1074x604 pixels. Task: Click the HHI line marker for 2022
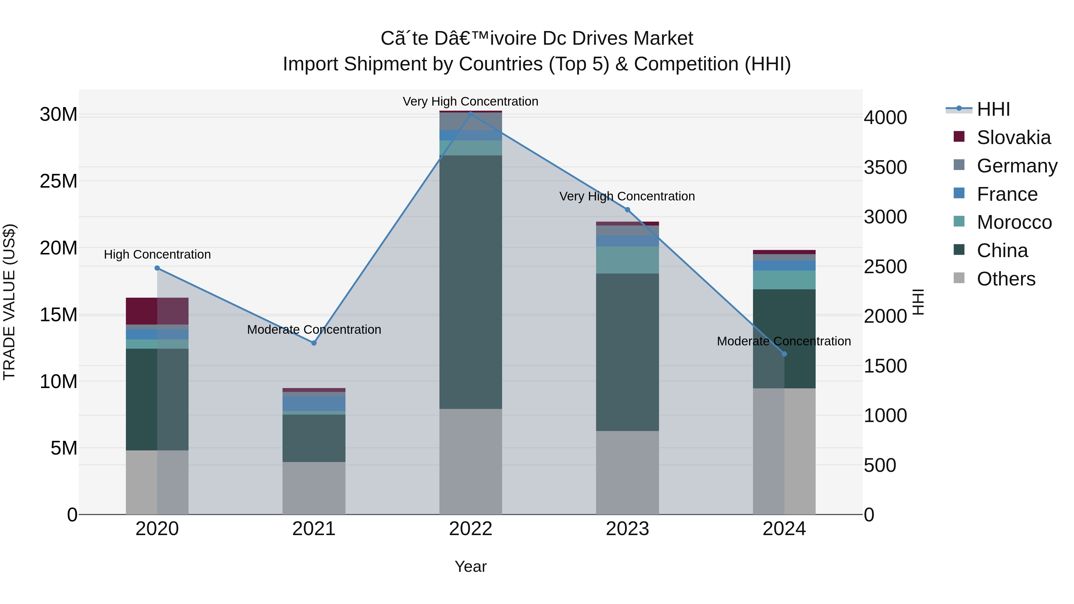471,114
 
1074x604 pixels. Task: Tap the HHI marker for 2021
314,343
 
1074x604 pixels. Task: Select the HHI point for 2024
784,354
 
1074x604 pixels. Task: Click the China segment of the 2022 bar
471,282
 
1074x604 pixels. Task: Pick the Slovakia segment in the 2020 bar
157,311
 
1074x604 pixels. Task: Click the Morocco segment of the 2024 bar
784,280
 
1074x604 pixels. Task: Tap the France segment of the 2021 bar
314,404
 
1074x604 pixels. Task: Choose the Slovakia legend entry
1013,138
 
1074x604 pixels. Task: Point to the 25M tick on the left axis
58,181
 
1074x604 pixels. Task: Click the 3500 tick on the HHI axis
885,168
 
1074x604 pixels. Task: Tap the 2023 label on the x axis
627,529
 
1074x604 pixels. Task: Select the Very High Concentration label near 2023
627,196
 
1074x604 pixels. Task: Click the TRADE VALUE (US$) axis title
9,302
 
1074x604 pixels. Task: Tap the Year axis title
471,566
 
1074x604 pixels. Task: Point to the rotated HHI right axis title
919,302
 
